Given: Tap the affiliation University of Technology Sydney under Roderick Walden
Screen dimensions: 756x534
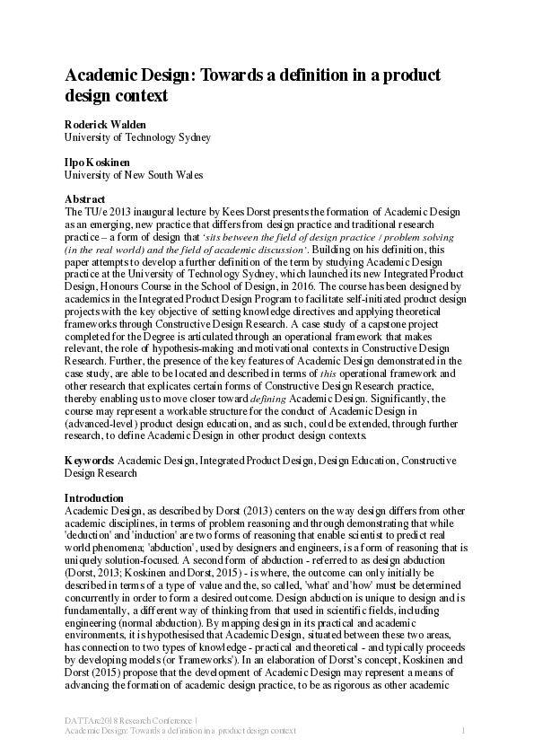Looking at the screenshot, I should [x=137, y=137].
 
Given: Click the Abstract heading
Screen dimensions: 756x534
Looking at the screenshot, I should [x=85, y=198].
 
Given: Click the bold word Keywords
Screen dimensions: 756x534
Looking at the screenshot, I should [x=89, y=460].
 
